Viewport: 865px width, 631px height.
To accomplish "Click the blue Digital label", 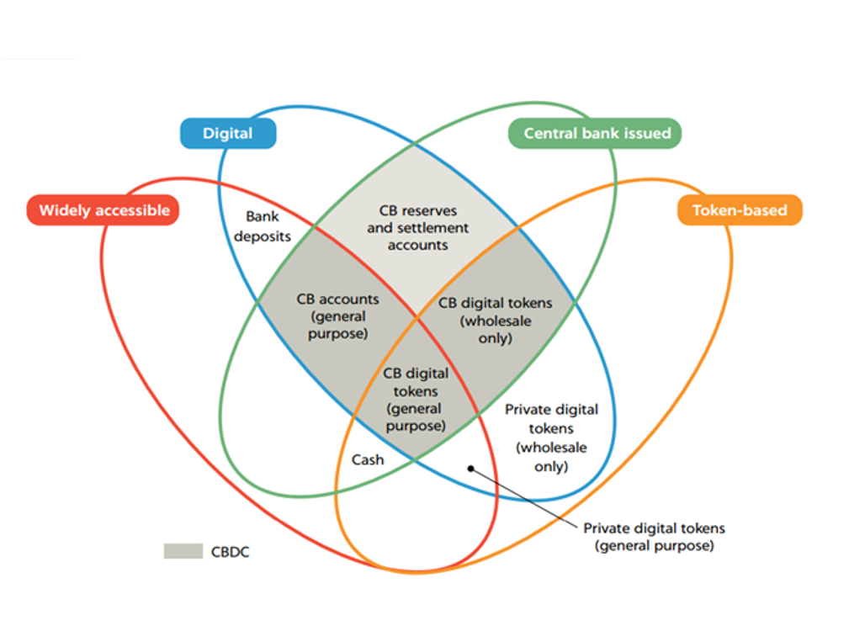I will (x=227, y=134).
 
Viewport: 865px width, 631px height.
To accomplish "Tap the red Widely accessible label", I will (x=104, y=210).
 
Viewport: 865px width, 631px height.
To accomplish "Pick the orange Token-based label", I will (x=740, y=210).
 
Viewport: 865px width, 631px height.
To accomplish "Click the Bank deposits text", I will (x=262, y=226).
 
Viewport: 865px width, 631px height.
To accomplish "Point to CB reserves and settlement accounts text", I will (x=417, y=227).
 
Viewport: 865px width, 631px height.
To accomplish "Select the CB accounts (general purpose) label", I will (x=337, y=315).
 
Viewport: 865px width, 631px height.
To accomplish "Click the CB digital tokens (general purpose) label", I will (x=416, y=400).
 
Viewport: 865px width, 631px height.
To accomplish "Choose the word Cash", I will (x=368, y=459).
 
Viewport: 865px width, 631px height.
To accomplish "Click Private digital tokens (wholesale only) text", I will (x=551, y=437).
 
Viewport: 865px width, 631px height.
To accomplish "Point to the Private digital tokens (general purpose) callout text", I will (x=654, y=537).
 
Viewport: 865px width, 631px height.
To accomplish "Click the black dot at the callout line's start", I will (x=471, y=469).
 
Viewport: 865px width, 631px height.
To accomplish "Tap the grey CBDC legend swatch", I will (x=183, y=551).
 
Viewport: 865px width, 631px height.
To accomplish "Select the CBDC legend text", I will (x=230, y=552).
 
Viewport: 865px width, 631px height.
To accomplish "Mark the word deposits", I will (x=262, y=236).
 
